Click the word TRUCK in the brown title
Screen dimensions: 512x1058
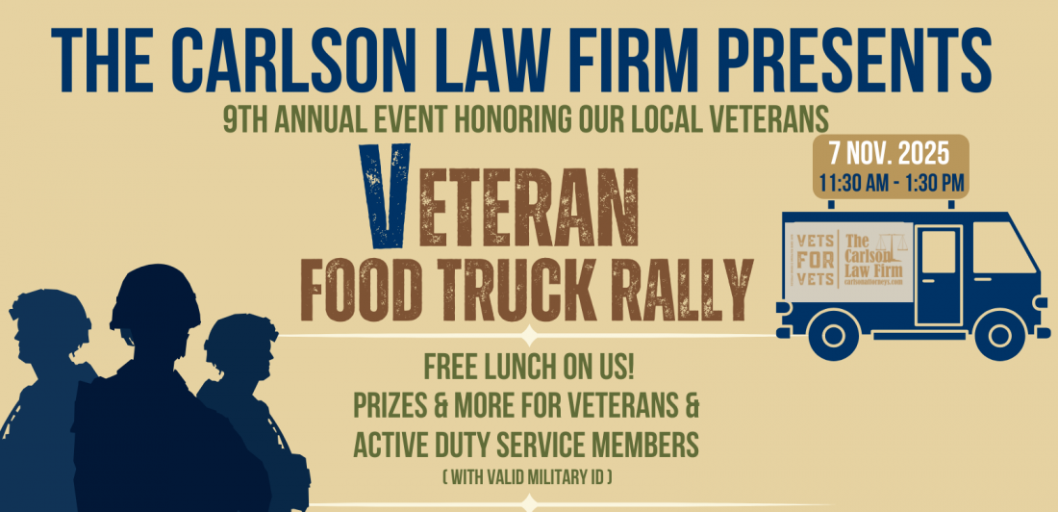click(523, 286)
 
